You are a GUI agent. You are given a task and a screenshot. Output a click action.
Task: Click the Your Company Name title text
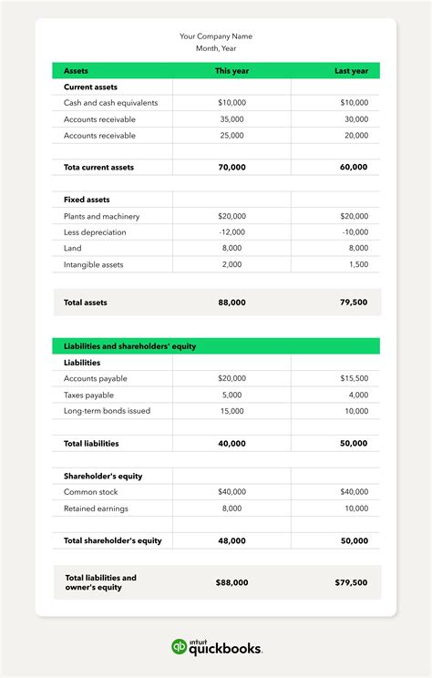pos(216,36)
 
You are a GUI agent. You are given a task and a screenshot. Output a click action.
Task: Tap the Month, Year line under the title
pos(216,48)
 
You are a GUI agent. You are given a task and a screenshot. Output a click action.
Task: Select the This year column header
pos(231,71)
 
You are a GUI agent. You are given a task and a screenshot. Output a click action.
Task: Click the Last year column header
pos(351,71)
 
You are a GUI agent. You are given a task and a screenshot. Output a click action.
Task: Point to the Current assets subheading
pos(90,87)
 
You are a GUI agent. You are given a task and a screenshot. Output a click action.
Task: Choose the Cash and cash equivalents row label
pos(110,103)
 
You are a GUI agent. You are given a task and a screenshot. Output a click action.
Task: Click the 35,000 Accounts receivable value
pos(231,119)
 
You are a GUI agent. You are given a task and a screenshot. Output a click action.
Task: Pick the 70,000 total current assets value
pos(231,168)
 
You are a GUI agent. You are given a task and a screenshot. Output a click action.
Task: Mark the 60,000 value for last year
pos(353,168)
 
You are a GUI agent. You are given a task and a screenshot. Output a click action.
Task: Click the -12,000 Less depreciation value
pos(231,232)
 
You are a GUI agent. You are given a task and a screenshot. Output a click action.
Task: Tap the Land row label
pos(73,248)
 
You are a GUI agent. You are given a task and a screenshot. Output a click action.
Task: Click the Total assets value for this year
pos(231,303)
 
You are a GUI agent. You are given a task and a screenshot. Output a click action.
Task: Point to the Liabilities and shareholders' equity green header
pos(130,346)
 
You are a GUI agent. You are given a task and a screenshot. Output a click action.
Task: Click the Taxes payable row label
pos(88,395)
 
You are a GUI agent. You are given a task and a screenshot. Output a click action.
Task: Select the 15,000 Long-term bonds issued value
pos(231,411)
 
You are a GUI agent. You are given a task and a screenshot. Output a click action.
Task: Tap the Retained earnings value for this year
pos(233,508)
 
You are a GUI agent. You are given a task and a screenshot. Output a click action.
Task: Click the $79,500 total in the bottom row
pos(351,582)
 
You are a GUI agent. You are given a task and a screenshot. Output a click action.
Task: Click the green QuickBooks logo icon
pos(180,647)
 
